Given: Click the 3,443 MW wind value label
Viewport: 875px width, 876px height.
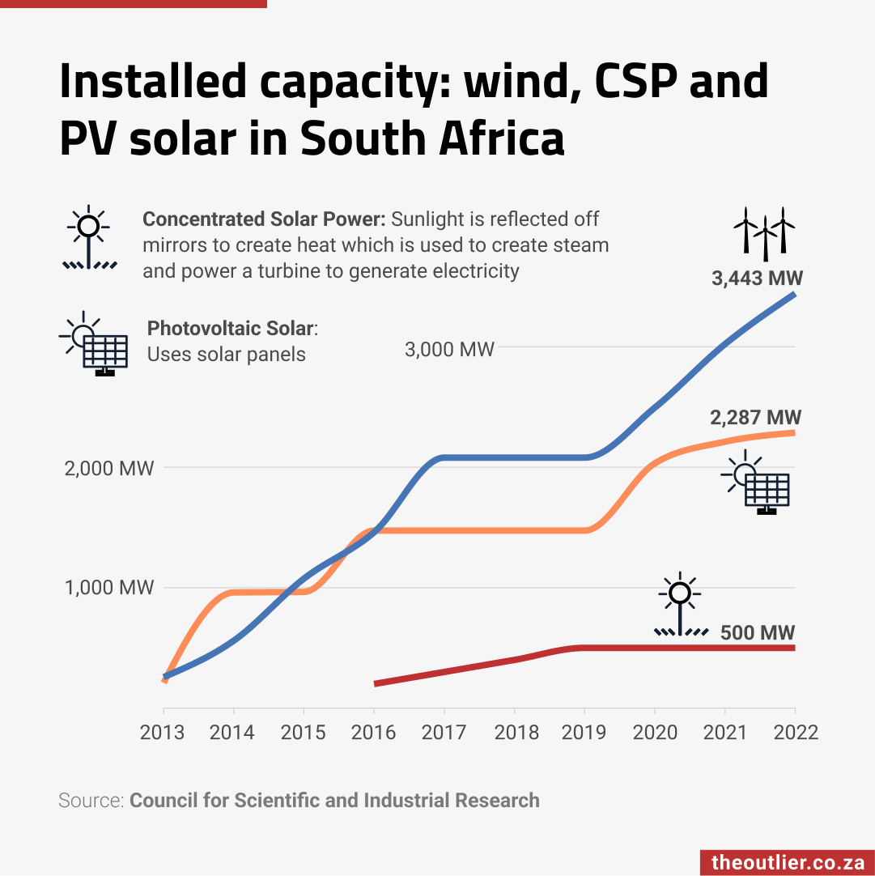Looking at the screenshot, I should point(757,279).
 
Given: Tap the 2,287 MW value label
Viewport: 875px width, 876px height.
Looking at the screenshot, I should point(755,418).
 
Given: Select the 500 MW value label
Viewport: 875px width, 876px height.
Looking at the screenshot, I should point(758,632).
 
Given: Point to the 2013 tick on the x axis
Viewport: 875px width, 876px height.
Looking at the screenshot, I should point(162,733).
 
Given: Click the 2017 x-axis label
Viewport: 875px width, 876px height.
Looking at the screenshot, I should point(444,733).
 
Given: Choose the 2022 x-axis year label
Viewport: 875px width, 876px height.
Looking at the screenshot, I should point(794,733).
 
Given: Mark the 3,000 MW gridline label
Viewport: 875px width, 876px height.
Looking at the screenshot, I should point(449,350).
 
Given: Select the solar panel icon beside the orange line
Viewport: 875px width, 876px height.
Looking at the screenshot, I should point(755,487).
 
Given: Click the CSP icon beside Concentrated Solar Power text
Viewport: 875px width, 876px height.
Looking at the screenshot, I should point(90,237).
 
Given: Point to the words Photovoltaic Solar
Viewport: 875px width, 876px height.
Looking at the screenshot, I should point(230,329).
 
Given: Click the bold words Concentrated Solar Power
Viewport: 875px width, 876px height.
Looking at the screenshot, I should point(264,219).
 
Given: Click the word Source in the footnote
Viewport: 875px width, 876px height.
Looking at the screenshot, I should point(90,801).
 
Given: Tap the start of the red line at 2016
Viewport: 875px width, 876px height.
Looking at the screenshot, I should point(376,683).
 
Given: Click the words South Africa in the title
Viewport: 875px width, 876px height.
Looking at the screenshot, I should point(432,139).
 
